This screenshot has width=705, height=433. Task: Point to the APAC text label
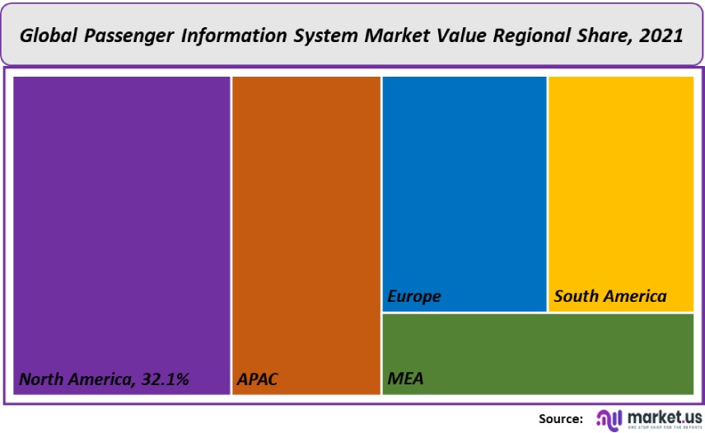(x=258, y=380)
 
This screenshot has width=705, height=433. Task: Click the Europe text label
(x=414, y=296)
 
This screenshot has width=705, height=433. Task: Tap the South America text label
(x=610, y=296)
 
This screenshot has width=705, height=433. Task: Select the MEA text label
(x=406, y=380)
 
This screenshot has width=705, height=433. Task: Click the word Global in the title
(x=47, y=35)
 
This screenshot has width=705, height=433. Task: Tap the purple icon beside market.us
(x=608, y=417)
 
